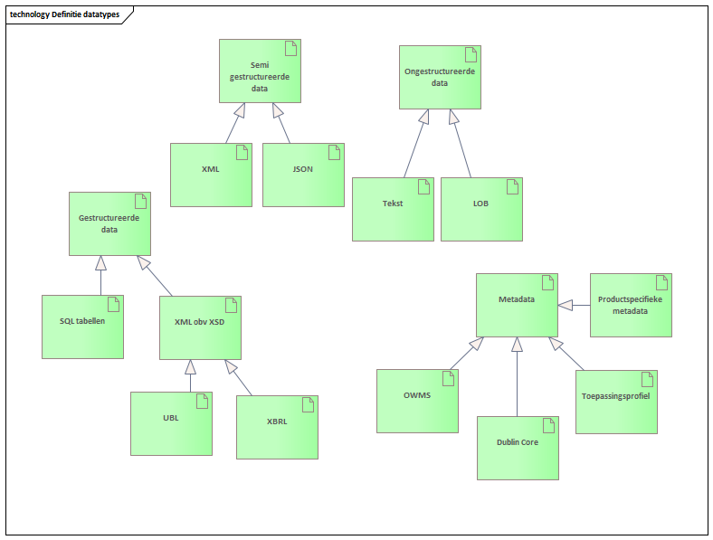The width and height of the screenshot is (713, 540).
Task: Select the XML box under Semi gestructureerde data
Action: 211,175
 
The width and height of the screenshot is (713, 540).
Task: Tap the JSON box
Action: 303,175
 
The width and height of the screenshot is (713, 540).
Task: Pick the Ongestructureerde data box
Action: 440,77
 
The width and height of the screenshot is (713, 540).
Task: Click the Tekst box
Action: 393,209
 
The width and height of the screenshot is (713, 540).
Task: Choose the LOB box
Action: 481,209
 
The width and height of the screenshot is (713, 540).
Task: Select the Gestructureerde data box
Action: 109,223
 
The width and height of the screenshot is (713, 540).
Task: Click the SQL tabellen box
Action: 83,327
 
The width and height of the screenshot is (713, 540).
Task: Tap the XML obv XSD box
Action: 200,327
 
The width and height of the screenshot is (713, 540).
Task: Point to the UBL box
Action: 171,423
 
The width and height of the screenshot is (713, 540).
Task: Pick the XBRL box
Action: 277,427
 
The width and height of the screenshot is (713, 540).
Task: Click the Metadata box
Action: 517,305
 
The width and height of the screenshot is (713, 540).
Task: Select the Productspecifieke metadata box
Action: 631,306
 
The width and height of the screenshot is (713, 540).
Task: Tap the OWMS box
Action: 417,401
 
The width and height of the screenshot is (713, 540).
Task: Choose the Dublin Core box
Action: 518,448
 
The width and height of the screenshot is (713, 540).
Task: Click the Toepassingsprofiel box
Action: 616,402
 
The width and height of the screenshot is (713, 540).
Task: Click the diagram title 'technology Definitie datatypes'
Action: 64,14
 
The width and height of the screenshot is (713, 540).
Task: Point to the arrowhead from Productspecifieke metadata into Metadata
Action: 566,306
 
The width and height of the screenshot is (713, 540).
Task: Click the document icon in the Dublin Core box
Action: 547,425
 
